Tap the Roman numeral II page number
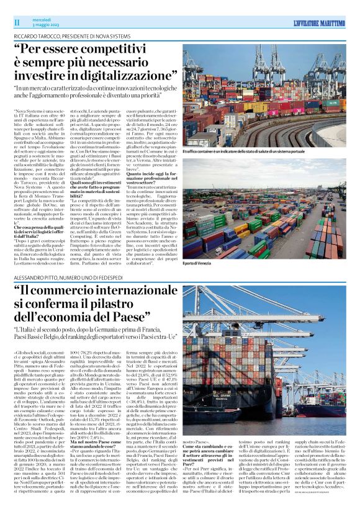pyautogui.click(x=17, y=22)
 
